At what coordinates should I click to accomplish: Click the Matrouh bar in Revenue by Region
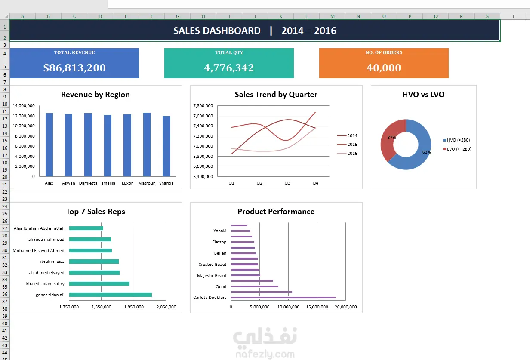pyautogui.click(x=147, y=145)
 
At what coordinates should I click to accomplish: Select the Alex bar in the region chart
pyautogui.click(x=49, y=145)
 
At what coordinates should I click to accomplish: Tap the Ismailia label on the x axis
pyautogui.click(x=108, y=183)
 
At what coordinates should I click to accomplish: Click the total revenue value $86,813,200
pyautogui.click(x=74, y=68)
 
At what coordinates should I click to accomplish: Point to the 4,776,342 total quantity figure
pyautogui.click(x=229, y=68)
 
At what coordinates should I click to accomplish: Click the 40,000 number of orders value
pyautogui.click(x=384, y=68)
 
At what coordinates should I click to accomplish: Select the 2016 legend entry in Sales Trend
pyautogui.click(x=347, y=153)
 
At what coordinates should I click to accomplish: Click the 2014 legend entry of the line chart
pyautogui.click(x=347, y=136)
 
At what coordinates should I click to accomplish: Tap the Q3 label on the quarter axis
pyautogui.click(x=287, y=183)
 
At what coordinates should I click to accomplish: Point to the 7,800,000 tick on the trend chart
pyautogui.click(x=203, y=106)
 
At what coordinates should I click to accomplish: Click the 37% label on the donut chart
pyautogui.click(x=391, y=138)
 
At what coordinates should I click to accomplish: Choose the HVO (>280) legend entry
pyautogui.click(x=456, y=140)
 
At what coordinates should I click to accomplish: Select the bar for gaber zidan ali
pyautogui.click(x=111, y=295)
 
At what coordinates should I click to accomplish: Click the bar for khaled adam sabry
pyautogui.click(x=99, y=283)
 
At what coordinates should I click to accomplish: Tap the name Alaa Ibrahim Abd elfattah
pyautogui.click(x=39, y=228)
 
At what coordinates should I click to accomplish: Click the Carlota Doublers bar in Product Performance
pyautogui.click(x=283, y=298)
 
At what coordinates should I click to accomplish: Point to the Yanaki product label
pyautogui.click(x=220, y=231)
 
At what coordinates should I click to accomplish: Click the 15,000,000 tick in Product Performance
pyautogui.click(x=317, y=307)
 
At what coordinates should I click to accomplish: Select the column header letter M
pyautogui.click(x=333, y=16)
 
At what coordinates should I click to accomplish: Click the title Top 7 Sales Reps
pyautogui.click(x=96, y=212)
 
